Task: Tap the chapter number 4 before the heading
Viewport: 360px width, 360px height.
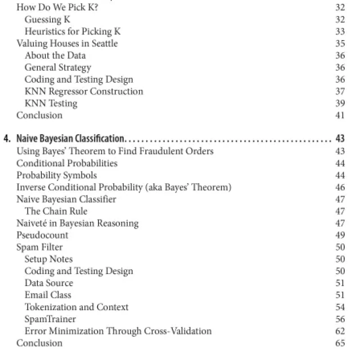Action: click(6, 138)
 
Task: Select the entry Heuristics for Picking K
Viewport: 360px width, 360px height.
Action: click(72, 31)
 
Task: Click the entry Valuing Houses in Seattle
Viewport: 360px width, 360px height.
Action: click(67, 44)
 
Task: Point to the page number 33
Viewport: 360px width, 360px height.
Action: click(340, 31)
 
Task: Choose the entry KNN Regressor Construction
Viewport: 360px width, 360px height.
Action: click(84, 91)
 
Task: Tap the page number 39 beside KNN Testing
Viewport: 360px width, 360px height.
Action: click(340, 103)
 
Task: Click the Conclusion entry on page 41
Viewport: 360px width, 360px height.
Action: click(39, 115)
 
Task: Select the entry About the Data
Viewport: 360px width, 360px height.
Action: click(55, 56)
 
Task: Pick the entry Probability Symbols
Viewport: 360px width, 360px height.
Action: click(57, 175)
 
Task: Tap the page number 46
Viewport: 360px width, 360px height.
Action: click(340, 187)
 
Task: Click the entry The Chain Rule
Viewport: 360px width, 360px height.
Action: click(56, 211)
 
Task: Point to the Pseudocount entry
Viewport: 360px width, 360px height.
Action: click(42, 235)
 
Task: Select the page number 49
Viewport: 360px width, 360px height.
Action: click(340, 235)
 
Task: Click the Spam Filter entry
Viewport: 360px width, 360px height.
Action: click(39, 247)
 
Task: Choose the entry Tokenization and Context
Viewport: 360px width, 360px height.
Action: click(76, 307)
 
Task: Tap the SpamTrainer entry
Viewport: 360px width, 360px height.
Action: click(50, 319)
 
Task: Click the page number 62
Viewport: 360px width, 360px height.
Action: click(340, 331)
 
